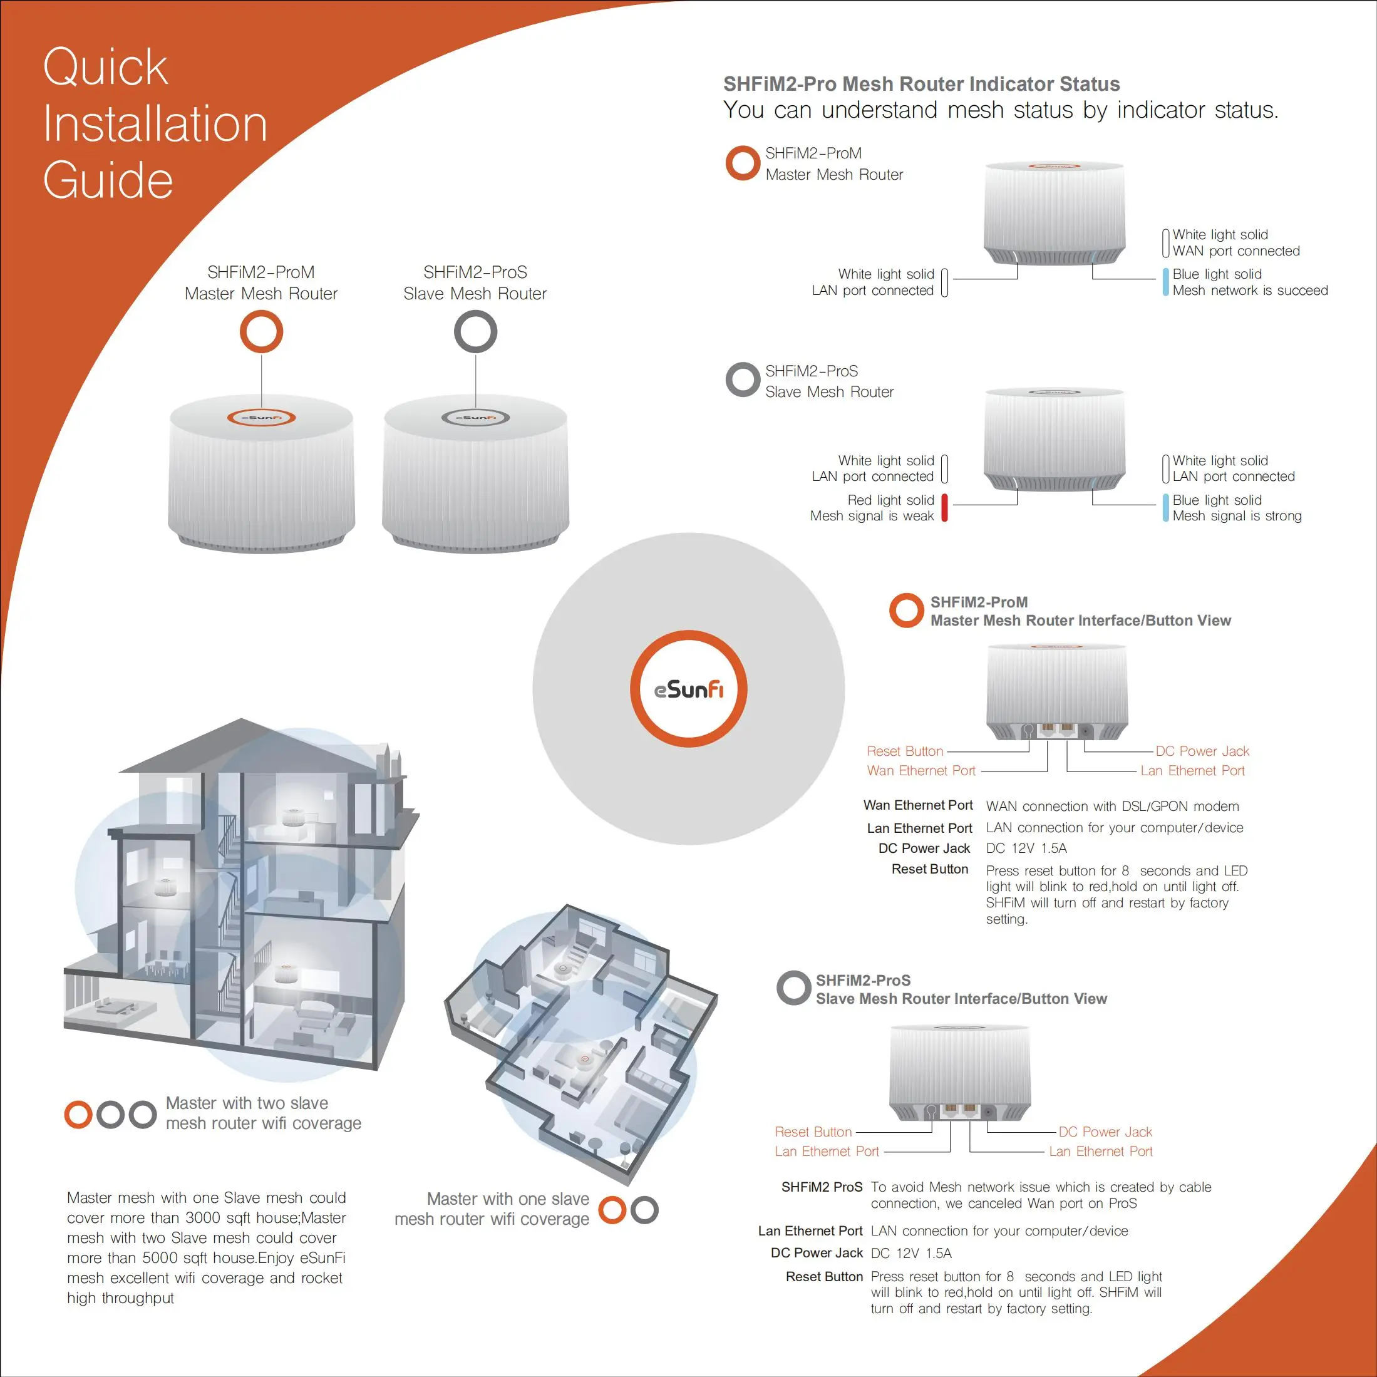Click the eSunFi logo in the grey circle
coord(689,689)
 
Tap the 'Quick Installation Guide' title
coord(155,123)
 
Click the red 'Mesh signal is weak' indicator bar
coord(944,507)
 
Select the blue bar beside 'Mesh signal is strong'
coord(1166,507)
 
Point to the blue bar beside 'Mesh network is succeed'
coord(1166,282)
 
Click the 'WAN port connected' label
coord(1236,251)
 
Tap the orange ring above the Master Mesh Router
coord(262,332)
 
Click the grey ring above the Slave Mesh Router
coord(475,332)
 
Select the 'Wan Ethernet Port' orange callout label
coord(921,770)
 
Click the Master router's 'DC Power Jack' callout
coord(1202,751)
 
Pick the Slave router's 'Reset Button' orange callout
coord(813,1132)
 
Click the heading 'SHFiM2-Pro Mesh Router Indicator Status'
coord(922,84)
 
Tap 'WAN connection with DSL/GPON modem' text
coord(1113,806)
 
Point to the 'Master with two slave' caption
coord(247,1103)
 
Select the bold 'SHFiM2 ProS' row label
coord(822,1187)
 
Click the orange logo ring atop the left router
coord(261,418)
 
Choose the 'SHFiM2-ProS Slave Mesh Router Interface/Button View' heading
coord(961,989)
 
